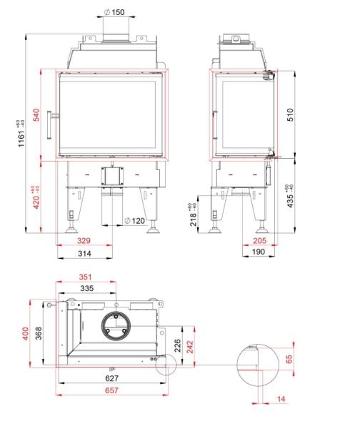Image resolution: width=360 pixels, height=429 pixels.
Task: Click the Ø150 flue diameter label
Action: [x=114, y=12]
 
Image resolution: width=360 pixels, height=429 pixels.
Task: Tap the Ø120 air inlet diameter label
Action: [x=134, y=221]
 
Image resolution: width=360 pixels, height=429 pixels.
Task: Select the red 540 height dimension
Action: [x=36, y=115]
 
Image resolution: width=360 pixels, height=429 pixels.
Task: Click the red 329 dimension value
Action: [x=84, y=240]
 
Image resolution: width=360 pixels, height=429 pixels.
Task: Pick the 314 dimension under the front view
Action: [x=84, y=253]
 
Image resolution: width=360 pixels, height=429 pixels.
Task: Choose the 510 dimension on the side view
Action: [x=290, y=114]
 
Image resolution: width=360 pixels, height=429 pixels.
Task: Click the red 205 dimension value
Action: [x=259, y=240]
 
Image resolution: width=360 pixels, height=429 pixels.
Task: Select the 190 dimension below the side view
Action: [x=259, y=252]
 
